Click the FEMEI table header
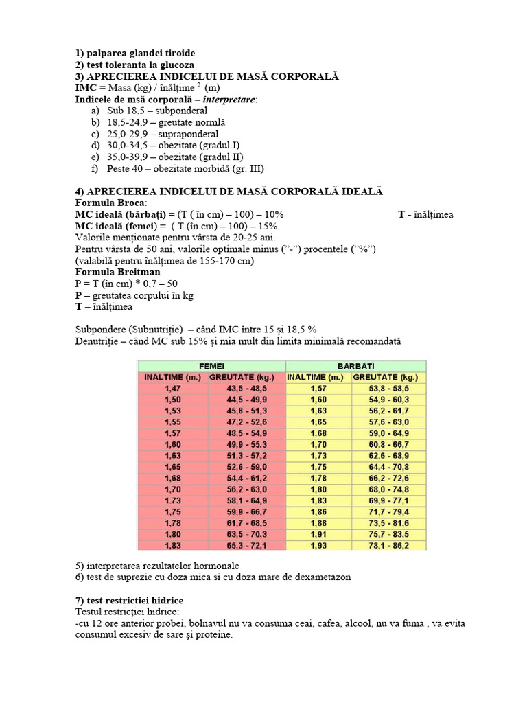click(x=211, y=367)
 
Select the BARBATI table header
click(x=355, y=367)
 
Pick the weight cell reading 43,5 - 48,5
click(x=246, y=389)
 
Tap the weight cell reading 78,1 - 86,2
click(x=389, y=546)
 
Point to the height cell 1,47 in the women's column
click(x=173, y=389)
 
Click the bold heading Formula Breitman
click(x=117, y=272)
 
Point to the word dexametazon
click(x=320, y=577)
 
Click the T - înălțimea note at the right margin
click(x=425, y=215)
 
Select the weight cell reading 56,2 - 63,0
click(x=246, y=490)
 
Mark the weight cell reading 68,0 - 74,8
click(x=389, y=490)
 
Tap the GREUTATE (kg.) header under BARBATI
click(x=389, y=378)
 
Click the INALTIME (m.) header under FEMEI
click(x=173, y=378)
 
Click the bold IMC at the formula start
click(x=86, y=88)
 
